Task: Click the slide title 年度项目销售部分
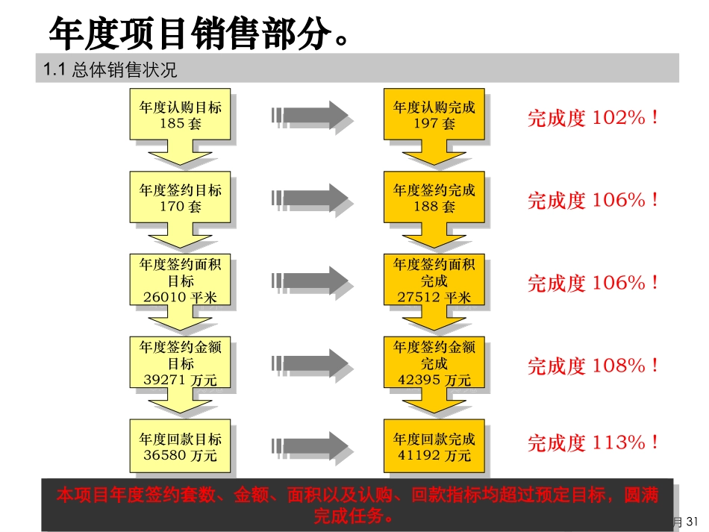pos(198,33)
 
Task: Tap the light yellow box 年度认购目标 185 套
pos(180,115)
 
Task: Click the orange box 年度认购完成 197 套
pos(434,115)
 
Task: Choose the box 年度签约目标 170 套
pos(180,198)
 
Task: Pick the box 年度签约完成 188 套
pos(434,198)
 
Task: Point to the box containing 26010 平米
pos(180,281)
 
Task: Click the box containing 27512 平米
pos(434,281)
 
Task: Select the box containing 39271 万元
pos(180,363)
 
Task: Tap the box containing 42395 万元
pos(434,363)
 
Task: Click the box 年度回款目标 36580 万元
pos(180,446)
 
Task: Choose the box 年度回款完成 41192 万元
pos(434,446)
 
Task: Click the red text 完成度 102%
pos(593,118)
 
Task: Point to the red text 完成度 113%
pos(593,442)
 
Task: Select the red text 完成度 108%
pos(593,366)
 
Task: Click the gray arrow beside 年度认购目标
pos(310,115)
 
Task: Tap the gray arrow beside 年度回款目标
pos(310,446)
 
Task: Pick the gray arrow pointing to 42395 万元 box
pos(310,363)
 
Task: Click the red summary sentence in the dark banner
pos(357,504)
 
